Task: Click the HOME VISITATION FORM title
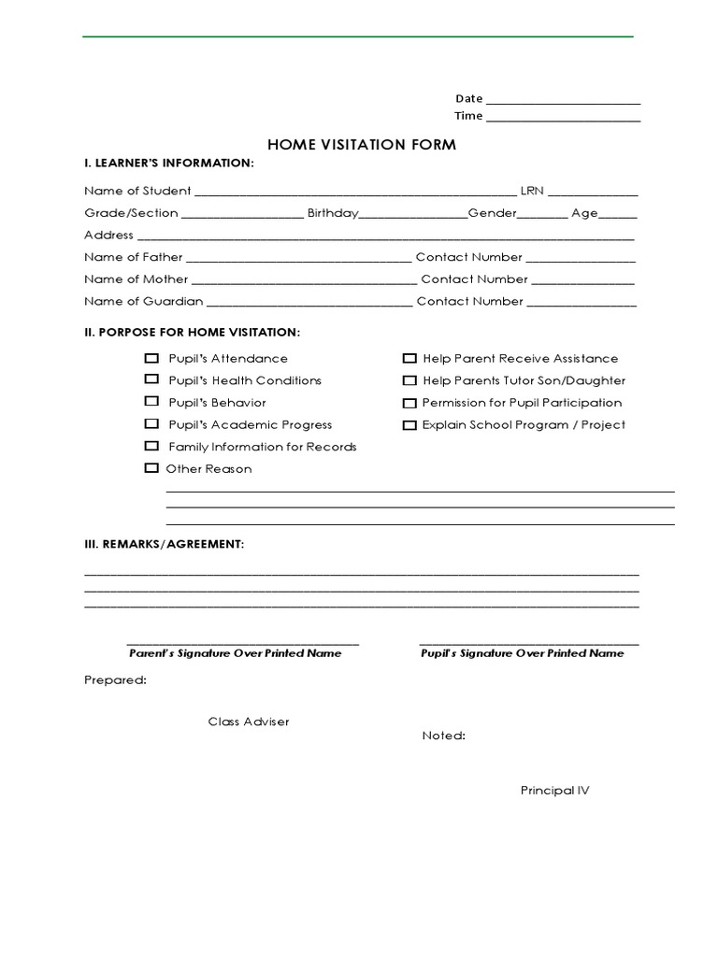coord(362,145)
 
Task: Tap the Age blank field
coord(618,215)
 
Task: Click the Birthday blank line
coord(413,215)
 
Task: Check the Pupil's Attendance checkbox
coord(151,358)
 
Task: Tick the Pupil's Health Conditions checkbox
coord(151,379)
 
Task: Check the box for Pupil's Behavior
coord(151,402)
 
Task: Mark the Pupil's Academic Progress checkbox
coord(151,424)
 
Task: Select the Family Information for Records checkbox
coord(151,446)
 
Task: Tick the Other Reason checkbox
coord(151,468)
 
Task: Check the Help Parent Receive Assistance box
coord(409,358)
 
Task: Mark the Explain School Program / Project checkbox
coord(409,425)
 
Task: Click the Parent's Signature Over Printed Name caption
coord(235,653)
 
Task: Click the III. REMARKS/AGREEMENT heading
coord(164,544)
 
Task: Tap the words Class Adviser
coord(249,721)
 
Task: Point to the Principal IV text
coord(555,791)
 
